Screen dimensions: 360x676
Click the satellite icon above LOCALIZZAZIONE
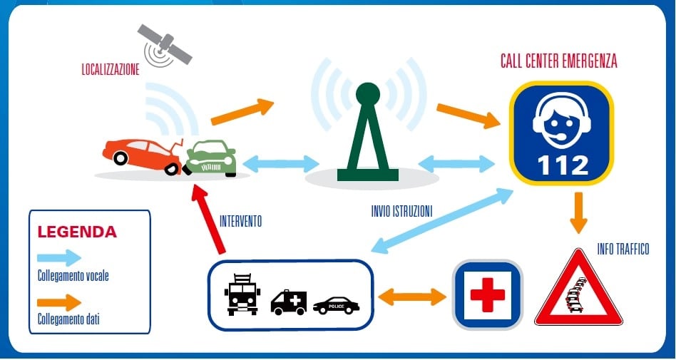pyautogui.click(x=165, y=43)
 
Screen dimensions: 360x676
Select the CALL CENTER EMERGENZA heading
pyautogui.click(x=558, y=62)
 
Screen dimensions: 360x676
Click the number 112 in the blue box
pyautogui.click(x=563, y=165)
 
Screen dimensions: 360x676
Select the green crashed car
pyautogui.click(x=210, y=158)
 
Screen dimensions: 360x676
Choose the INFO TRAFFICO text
pyautogui.click(x=623, y=250)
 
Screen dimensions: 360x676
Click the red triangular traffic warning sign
pyautogui.click(x=578, y=290)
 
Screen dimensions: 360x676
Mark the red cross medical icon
pyautogui.click(x=488, y=294)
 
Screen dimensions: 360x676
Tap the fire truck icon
pyautogui.click(x=242, y=294)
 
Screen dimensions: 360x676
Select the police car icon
pyautogui.click(x=336, y=305)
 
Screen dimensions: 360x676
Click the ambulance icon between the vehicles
pyautogui.click(x=289, y=302)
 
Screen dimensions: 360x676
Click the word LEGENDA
pyautogui.click(x=77, y=232)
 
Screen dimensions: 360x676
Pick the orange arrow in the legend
pyautogui.click(x=63, y=302)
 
